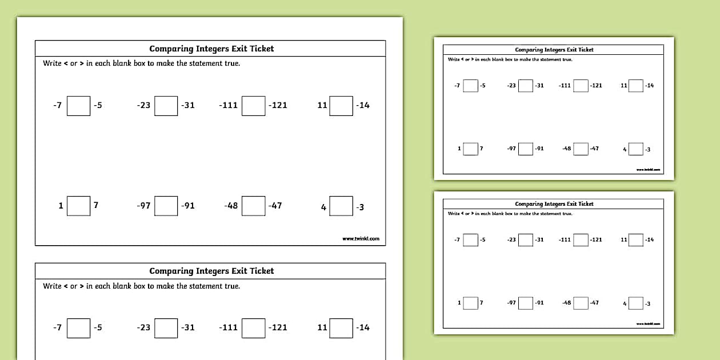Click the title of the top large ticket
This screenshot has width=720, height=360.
click(211, 49)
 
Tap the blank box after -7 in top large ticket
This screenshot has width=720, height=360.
click(78, 106)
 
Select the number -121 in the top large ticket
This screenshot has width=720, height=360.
click(278, 105)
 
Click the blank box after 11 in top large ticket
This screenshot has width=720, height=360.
click(341, 106)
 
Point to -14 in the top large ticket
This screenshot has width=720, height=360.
click(362, 105)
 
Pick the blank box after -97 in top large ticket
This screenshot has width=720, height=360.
click(166, 206)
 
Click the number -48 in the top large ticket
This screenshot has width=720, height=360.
click(231, 206)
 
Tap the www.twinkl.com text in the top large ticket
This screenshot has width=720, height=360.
click(361, 239)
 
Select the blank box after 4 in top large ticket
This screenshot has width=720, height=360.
click(341, 206)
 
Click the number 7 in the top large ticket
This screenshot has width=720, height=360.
click(96, 205)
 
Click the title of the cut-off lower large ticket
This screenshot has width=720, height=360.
click(211, 271)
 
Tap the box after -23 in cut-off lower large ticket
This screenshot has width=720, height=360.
click(166, 328)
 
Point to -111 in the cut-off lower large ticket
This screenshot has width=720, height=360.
click(228, 327)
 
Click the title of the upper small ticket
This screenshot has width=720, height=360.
click(554, 50)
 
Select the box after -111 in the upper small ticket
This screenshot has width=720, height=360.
click(581, 86)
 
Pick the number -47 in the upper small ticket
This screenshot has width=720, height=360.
click(594, 149)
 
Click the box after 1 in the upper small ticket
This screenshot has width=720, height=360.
click(470, 149)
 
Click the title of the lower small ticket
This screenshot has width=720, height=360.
click(554, 204)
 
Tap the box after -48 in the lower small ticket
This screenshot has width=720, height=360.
click(581, 303)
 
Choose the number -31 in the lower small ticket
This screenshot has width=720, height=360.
click(539, 240)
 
